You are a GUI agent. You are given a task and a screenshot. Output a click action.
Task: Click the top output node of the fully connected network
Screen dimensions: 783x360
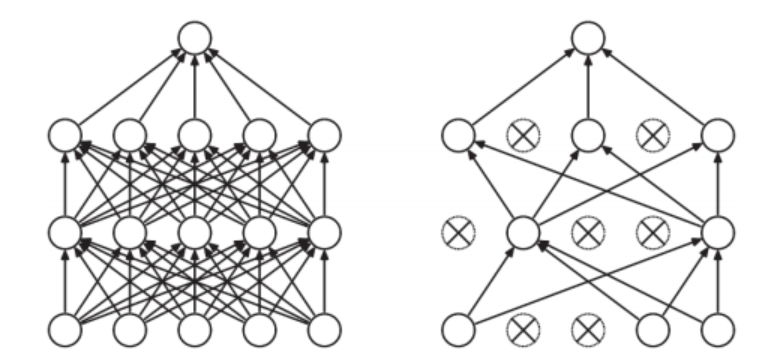point(194,37)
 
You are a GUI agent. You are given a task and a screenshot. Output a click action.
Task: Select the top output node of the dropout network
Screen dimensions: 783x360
point(587,37)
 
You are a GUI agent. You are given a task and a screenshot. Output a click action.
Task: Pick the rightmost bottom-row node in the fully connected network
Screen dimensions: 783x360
point(324,327)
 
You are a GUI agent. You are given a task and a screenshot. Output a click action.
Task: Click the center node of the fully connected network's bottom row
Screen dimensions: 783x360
point(194,327)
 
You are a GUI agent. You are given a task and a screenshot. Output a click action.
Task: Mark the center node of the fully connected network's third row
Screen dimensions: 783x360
point(194,232)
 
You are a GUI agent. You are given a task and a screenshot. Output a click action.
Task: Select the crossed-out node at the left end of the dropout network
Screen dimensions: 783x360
point(457,232)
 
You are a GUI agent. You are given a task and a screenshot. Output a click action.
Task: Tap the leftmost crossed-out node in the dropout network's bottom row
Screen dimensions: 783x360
point(522,327)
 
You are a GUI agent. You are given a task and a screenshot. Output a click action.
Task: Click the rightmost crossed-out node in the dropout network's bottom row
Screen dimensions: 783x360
point(587,327)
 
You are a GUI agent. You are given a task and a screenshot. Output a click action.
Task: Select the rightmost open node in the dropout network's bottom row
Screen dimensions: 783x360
point(717,327)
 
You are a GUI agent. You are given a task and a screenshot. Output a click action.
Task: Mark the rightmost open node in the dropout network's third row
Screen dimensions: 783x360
point(717,232)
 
